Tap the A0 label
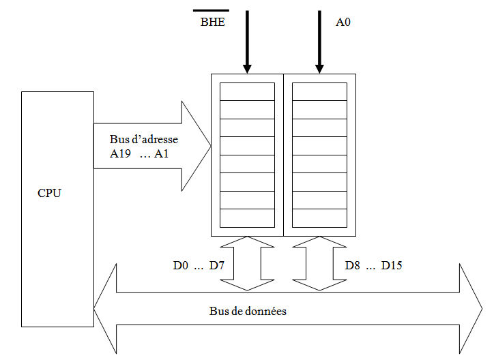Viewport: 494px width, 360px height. click(343, 22)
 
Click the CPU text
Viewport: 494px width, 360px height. click(49, 193)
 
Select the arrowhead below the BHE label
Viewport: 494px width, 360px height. click(247, 67)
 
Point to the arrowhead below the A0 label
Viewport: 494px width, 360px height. click(319, 67)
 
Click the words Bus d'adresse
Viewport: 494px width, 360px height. click(144, 140)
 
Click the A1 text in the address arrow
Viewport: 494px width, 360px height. click(161, 153)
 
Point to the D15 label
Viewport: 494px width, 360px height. click(391, 265)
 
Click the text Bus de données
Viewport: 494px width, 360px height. click(248, 311)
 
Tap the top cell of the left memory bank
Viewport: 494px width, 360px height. click(247, 91)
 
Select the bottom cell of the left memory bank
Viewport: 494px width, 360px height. click(247, 218)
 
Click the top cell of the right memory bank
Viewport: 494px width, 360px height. click(319, 91)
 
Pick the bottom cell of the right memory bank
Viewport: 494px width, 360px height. click(319, 218)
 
